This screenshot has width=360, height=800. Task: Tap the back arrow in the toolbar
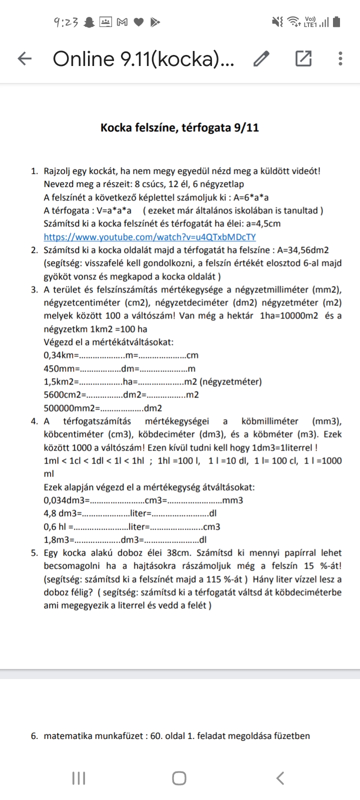tap(24, 59)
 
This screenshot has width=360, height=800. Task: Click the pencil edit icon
tap(261, 59)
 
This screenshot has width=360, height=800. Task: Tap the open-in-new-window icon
tap(303, 59)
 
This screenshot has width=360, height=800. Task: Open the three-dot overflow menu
tap(340, 59)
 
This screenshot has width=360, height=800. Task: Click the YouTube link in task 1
tap(149, 237)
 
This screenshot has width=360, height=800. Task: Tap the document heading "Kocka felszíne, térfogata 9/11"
tap(179, 127)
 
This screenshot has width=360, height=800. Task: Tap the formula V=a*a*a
tap(109, 210)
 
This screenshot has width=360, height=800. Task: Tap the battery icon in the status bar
tap(336, 22)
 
